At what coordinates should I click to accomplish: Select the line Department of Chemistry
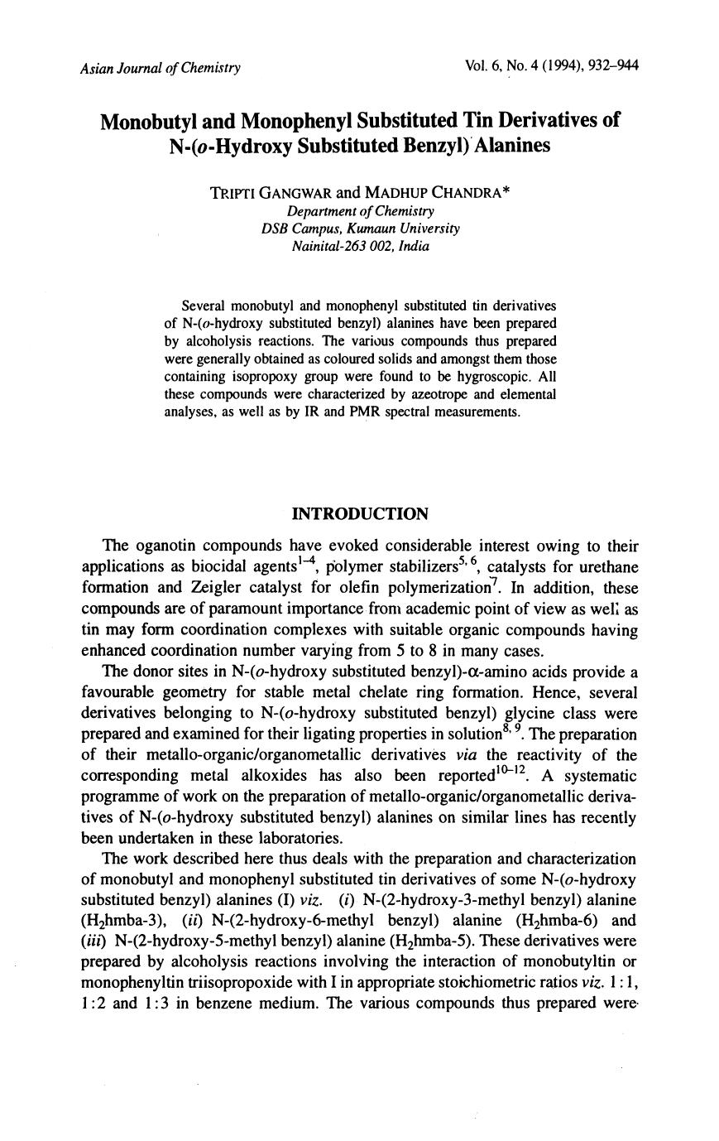pyautogui.click(x=360, y=211)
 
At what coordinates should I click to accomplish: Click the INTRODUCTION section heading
pyautogui.click(x=361, y=514)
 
